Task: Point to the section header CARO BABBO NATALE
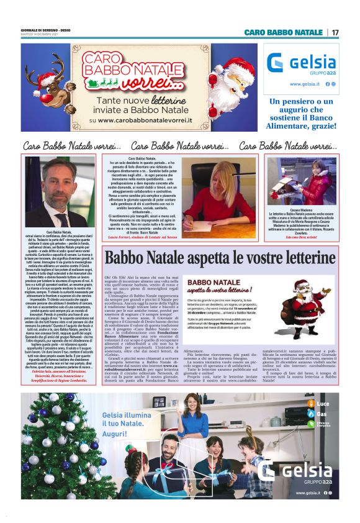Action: pos(283,32)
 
